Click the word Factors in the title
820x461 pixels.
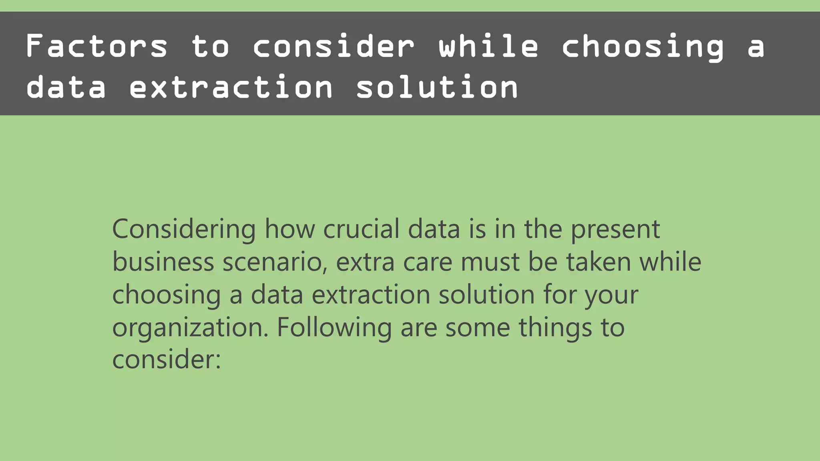pyautogui.click(x=96, y=46)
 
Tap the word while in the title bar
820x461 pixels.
pyautogui.click(x=488, y=46)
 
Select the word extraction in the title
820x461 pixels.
pyautogui.click(x=231, y=87)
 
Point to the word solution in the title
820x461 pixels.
pyautogui.click(x=437, y=87)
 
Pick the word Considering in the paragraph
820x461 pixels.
pyautogui.click(x=184, y=230)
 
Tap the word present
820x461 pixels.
pyautogui.click(x=615, y=230)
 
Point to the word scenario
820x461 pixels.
pyautogui.click(x=275, y=263)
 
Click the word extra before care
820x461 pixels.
pyautogui.click(x=365, y=263)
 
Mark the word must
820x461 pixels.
pyautogui.click(x=490, y=263)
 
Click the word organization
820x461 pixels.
pyautogui.click(x=190, y=328)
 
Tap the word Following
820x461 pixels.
pyautogui.click(x=334, y=328)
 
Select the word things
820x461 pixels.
pyautogui.click(x=555, y=328)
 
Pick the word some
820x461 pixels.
pyautogui.click(x=478, y=328)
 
